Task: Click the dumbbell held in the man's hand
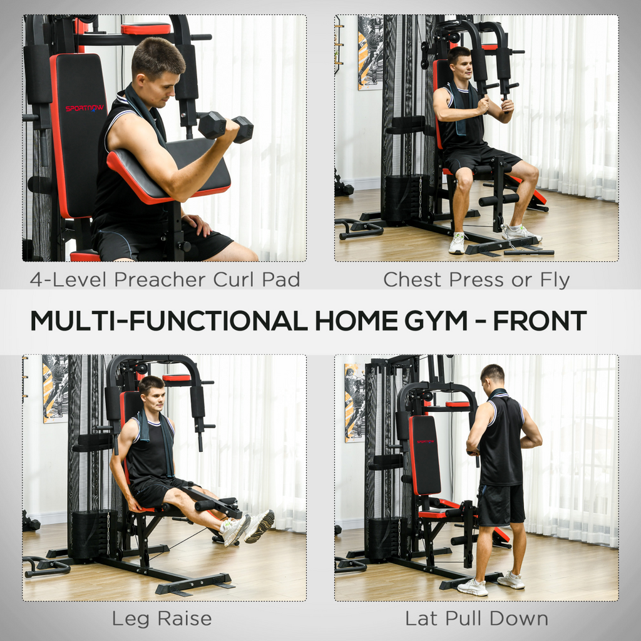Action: pyautogui.click(x=225, y=126)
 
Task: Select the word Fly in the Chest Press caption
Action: pyautogui.click(x=555, y=280)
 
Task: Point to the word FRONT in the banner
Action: pyautogui.click(x=540, y=320)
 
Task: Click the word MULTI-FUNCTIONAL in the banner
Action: pyautogui.click(x=168, y=320)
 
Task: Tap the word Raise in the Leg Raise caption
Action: pyautogui.click(x=184, y=619)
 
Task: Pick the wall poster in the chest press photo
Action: pyautogui.click(x=371, y=53)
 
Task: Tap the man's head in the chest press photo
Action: pyautogui.click(x=460, y=63)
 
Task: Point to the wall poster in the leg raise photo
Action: pyautogui.click(x=55, y=388)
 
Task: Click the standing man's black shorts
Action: pyautogui.click(x=501, y=504)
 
